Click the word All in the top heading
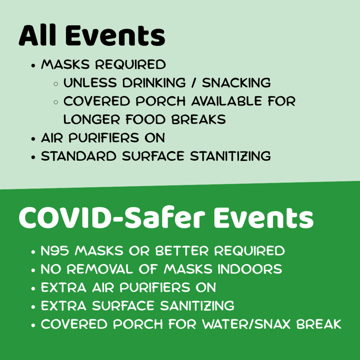(x=37, y=35)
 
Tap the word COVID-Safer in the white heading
(x=112, y=217)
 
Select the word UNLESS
(x=90, y=83)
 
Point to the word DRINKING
(x=154, y=83)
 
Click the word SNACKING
(x=236, y=83)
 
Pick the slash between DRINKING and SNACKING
(x=194, y=83)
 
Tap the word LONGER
(x=92, y=120)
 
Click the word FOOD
(x=146, y=120)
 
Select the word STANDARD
(x=79, y=156)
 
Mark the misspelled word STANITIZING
(x=231, y=156)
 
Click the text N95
(x=55, y=250)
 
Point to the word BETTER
(x=182, y=250)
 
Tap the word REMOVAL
(x=100, y=269)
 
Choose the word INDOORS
(x=250, y=269)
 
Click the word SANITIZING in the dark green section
(x=197, y=306)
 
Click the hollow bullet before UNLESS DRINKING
(x=56, y=84)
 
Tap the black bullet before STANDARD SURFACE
(x=33, y=157)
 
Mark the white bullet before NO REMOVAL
(x=33, y=270)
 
